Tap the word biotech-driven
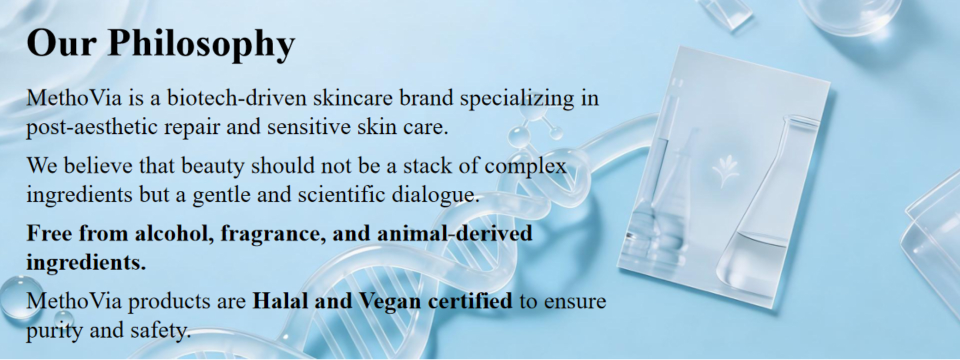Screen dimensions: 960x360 click(236, 97)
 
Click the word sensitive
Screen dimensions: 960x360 click(308, 127)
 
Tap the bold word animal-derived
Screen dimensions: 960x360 click(454, 233)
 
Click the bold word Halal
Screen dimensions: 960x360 click(280, 301)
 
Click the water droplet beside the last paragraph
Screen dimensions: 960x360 click(14, 298)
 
